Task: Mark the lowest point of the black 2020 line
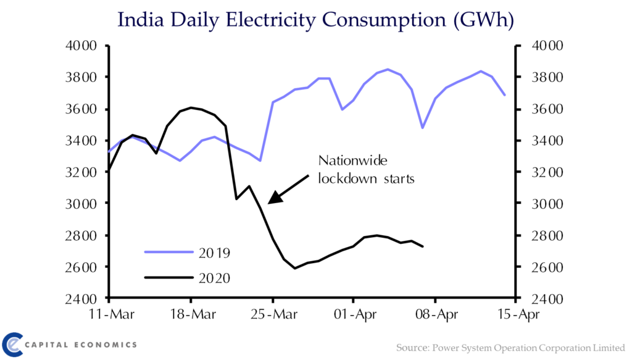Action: tap(295, 268)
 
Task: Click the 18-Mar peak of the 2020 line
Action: tap(191, 107)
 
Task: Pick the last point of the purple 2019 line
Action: tap(505, 95)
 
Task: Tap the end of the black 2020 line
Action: tap(423, 247)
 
